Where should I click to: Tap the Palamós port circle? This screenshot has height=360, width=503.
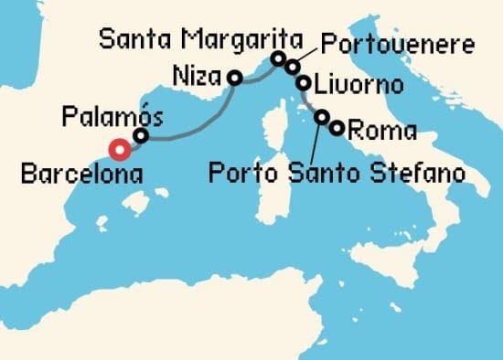(141, 136)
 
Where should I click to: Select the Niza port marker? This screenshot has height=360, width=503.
(234, 79)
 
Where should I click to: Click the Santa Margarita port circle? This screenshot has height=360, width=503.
(279, 59)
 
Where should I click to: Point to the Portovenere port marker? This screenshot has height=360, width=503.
(292, 66)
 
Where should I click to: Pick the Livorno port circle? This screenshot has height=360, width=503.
(303, 83)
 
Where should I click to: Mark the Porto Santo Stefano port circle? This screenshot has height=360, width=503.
(322, 117)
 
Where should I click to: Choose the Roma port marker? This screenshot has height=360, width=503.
(337, 128)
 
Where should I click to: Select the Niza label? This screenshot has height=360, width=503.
(198, 73)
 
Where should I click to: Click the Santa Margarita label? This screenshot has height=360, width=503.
(201, 38)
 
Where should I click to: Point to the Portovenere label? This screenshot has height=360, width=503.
(397, 44)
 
